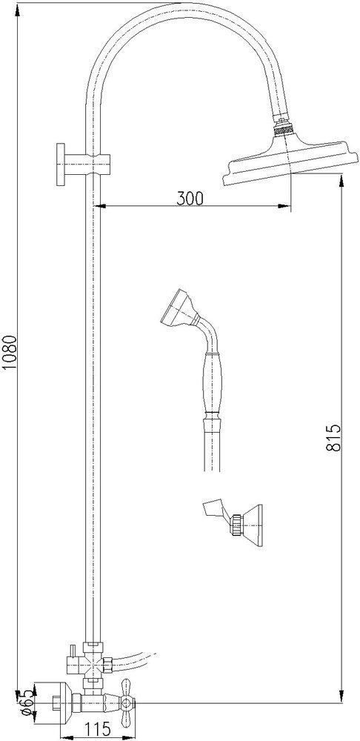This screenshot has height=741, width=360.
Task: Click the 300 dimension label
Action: coord(190,199)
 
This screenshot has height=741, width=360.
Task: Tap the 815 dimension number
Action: coord(333,438)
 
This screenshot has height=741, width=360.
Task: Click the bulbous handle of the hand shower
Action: coord(212,384)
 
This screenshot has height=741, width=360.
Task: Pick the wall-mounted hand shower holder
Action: coord(233,522)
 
